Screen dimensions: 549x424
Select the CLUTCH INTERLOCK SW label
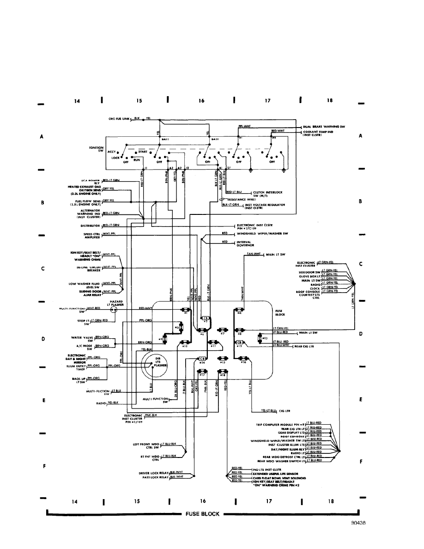click(x=267, y=194)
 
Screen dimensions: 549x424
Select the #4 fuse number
click(x=239, y=314)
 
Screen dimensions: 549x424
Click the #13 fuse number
click(x=265, y=338)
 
